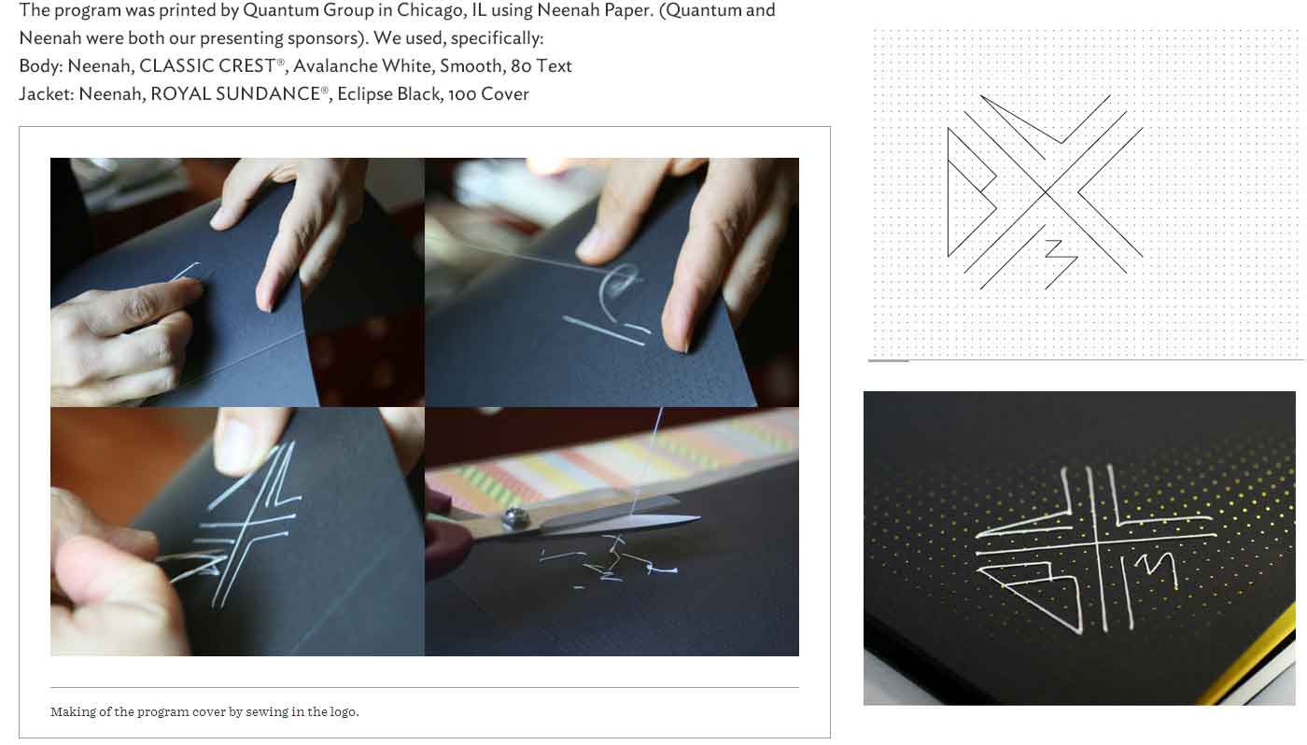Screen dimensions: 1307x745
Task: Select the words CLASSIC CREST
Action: click(x=207, y=65)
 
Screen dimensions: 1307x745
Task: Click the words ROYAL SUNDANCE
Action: click(x=235, y=93)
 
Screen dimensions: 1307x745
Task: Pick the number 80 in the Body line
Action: click(x=521, y=66)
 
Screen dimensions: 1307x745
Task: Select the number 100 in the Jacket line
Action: click(x=461, y=94)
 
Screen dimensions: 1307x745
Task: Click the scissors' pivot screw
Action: click(x=513, y=517)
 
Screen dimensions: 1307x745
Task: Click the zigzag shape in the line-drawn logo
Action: click(x=1061, y=263)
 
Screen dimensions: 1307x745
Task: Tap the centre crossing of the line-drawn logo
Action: click(x=1046, y=191)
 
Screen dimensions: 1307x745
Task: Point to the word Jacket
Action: click(x=46, y=94)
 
